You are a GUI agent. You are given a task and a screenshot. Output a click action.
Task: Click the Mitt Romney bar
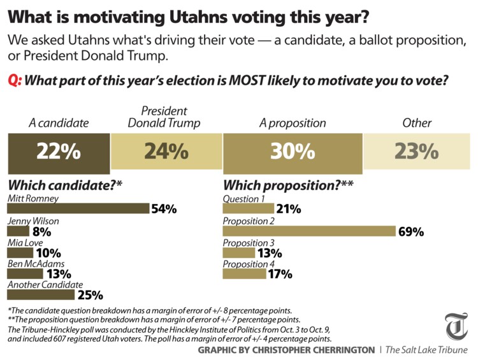pyautogui.click(x=77, y=208)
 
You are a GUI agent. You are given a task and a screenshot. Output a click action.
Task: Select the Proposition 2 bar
pyautogui.click(x=309, y=231)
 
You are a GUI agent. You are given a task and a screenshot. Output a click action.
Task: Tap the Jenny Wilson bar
pyautogui.click(x=18, y=231)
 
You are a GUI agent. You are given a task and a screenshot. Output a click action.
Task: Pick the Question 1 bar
pyautogui.click(x=248, y=208)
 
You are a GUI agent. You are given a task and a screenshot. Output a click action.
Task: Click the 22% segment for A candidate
pyautogui.click(x=58, y=152)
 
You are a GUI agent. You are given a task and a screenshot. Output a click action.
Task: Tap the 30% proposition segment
pyautogui.click(x=292, y=152)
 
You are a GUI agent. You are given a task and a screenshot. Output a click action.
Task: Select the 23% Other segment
pyautogui.click(x=417, y=152)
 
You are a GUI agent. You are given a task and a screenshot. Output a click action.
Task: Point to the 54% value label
pyautogui.click(x=163, y=209)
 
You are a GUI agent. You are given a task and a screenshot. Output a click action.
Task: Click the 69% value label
pyautogui.click(x=411, y=231)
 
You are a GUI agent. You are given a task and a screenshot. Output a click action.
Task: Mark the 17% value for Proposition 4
pyautogui.click(x=279, y=275)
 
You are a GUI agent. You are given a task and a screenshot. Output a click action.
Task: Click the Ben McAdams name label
pyautogui.click(x=35, y=263)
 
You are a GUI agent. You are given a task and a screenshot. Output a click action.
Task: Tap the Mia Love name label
pyautogui.click(x=25, y=242)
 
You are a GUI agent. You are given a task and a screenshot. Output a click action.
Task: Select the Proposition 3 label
pyautogui.click(x=249, y=242)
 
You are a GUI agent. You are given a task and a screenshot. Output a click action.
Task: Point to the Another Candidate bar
pyautogui.click(x=40, y=296)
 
